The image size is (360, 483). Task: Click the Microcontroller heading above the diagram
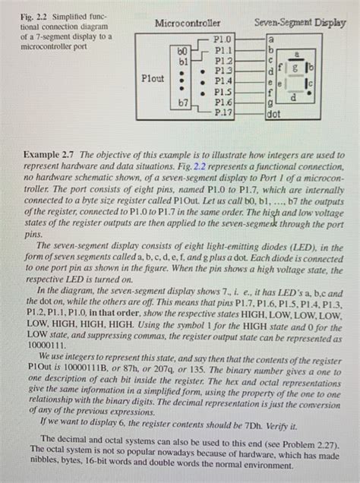point(187,24)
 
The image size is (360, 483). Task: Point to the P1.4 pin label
point(223,78)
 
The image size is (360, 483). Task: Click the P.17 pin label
point(223,110)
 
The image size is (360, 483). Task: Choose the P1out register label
point(155,77)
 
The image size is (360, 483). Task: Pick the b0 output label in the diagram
point(183,49)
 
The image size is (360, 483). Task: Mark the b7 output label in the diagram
point(182,102)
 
